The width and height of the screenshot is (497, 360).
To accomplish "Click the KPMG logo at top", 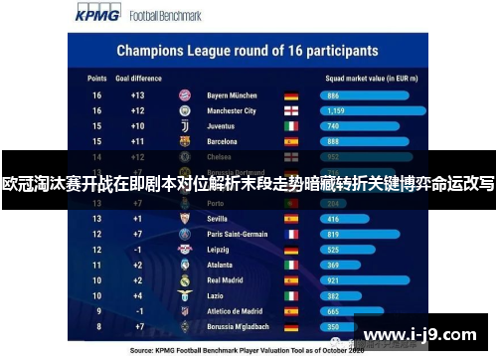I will coord(97,15).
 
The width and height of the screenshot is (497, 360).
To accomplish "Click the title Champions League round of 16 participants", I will coord(247,49).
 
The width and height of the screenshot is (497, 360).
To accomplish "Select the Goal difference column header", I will coord(137,76).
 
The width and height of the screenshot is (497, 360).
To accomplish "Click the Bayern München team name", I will coord(232,95).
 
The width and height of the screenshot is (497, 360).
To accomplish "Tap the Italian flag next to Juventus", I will coord(290,126).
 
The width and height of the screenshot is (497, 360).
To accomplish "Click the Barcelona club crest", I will coord(184,142).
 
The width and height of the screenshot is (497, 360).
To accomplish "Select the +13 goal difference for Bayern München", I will coord(137,95).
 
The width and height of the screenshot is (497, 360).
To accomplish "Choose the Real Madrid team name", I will coord(227,280).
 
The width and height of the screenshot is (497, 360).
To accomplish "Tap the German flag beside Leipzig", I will coord(290,250).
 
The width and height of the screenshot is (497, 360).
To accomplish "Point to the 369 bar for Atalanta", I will coord(334,265).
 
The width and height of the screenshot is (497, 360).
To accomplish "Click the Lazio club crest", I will coord(184,295).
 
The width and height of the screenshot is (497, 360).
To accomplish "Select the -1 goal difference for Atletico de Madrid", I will coord(137,311).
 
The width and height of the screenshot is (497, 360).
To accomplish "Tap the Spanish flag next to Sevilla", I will coord(290,219).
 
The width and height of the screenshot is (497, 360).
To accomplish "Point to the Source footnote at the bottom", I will coord(248,350).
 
